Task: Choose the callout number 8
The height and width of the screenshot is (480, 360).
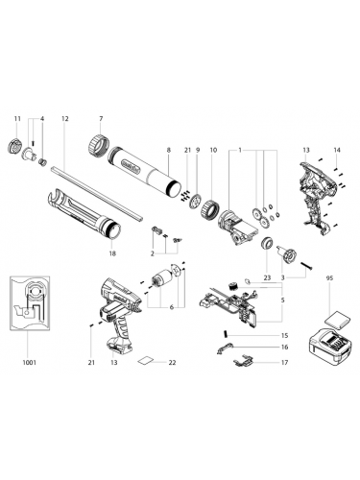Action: click(170, 150)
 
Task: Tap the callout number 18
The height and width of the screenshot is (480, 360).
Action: click(112, 252)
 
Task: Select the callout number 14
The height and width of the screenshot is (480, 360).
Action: click(337, 150)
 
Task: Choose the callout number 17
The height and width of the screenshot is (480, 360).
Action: click(284, 362)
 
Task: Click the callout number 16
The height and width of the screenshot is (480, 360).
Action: click(284, 347)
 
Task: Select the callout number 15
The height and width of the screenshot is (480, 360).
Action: click(284, 334)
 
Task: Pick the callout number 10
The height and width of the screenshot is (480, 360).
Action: click(213, 150)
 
